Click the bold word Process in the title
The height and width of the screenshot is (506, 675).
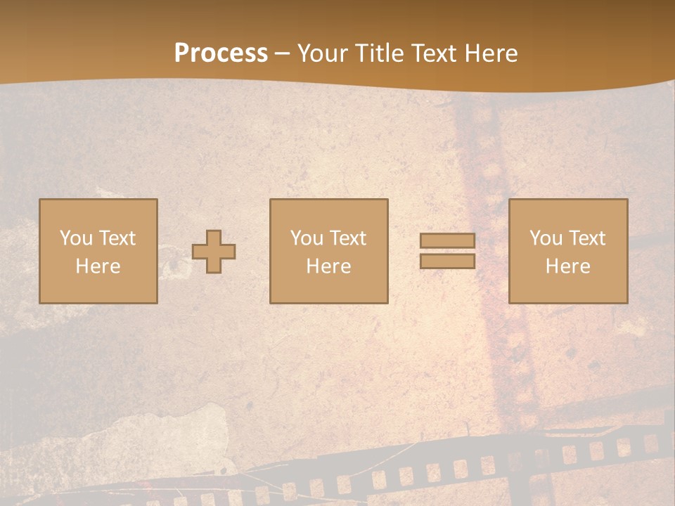221,53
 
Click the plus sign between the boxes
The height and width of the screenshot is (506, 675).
214,252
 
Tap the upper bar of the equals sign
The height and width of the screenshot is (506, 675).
447,240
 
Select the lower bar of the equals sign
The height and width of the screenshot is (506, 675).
447,261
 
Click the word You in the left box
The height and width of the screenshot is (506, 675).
77,238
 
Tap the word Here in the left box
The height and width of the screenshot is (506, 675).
98,266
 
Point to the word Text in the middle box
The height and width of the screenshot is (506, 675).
347,238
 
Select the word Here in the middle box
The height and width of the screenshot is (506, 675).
329,266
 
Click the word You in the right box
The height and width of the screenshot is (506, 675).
546,238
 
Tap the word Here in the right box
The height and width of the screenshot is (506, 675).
568,266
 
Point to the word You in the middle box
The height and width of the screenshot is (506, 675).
307,238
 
